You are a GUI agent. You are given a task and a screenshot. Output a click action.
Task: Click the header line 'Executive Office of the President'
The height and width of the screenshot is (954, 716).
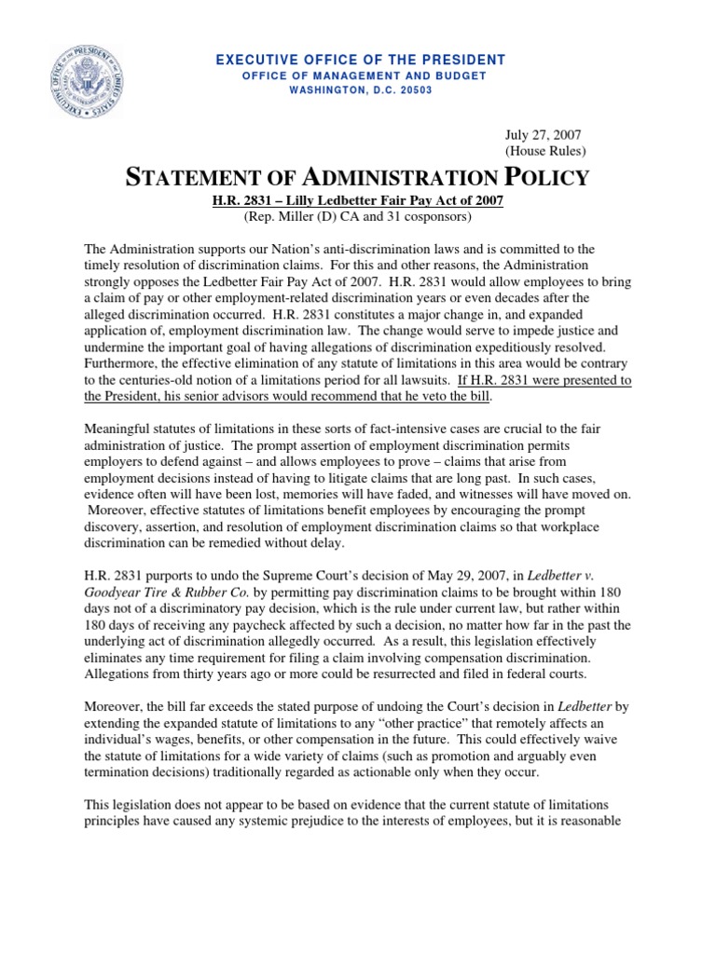click(x=361, y=60)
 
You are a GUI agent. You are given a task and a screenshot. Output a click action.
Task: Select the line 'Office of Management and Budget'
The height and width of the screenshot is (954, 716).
click(x=361, y=75)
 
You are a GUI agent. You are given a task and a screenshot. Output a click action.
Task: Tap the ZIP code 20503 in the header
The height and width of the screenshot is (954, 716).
click(x=413, y=89)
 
